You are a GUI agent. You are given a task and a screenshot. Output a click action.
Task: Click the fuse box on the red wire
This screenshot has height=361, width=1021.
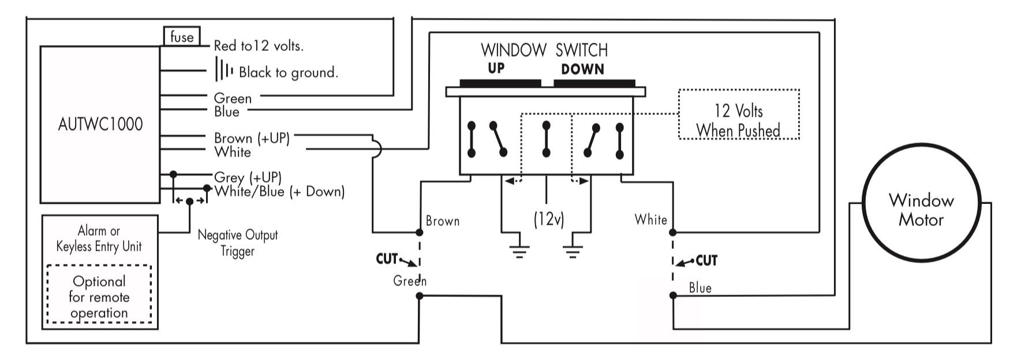pos(182,37)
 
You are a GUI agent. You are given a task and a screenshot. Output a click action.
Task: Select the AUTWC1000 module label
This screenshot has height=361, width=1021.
pos(100,124)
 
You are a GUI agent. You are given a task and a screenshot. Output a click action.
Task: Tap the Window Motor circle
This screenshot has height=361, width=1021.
pos(921,210)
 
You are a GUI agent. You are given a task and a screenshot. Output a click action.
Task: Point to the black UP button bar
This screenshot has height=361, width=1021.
pos(500,83)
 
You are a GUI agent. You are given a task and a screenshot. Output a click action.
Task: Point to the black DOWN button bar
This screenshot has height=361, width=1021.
pos(594,83)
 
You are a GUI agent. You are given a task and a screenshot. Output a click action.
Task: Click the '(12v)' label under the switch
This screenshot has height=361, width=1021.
pos(548,219)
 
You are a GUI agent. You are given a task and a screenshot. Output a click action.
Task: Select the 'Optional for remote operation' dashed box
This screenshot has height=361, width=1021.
pos(99,297)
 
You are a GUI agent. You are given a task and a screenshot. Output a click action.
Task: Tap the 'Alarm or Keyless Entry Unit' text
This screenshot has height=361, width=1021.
pos(99,239)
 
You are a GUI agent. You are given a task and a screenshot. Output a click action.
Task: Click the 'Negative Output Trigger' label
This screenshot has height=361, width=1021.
pos(237,243)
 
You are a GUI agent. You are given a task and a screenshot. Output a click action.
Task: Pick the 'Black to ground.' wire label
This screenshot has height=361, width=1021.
pos(288,72)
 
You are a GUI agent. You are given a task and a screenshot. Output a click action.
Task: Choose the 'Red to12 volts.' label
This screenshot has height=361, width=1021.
pos(258,46)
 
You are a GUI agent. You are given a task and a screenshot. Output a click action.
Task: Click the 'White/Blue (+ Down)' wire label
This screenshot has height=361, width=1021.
pos(279,191)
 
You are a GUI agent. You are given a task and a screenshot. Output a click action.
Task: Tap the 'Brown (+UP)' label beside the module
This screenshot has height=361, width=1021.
pos(251,138)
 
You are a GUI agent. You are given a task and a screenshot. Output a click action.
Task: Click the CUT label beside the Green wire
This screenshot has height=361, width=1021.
pos(387,258)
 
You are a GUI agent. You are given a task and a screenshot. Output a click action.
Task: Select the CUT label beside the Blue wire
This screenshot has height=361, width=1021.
pos(706,260)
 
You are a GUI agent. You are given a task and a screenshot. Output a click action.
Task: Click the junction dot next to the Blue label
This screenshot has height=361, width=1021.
pos(673,295)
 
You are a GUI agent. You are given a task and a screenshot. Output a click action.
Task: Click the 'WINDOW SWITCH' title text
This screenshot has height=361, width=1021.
pos(544,50)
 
